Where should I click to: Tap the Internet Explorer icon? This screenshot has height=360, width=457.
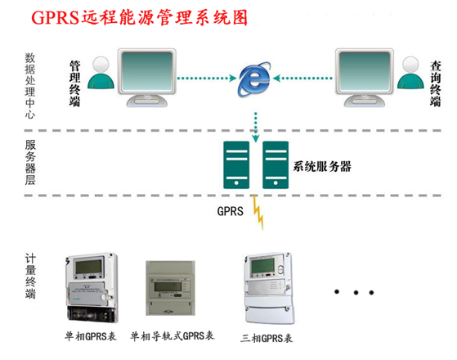point(256,79)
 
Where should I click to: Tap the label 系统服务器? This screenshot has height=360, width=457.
point(321,166)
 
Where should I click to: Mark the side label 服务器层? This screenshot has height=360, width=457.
point(31,163)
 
